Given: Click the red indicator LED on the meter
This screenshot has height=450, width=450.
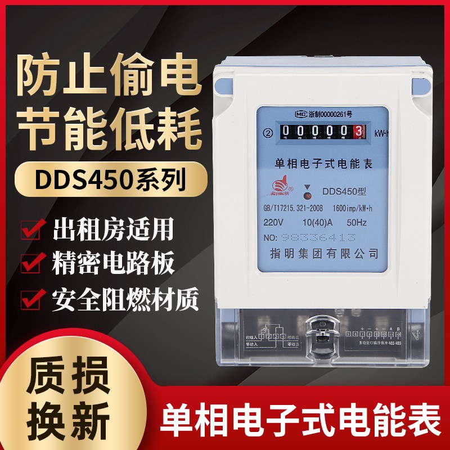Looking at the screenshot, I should pyautogui.click(x=307, y=197).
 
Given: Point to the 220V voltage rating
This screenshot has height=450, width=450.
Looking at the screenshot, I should pyautogui.click(x=274, y=223).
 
